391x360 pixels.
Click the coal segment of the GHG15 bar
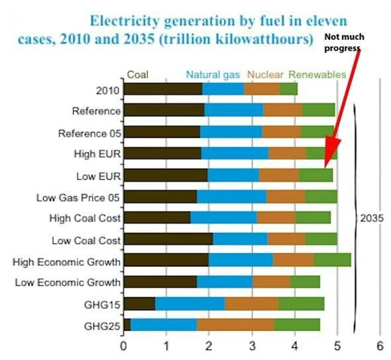(x=139, y=304)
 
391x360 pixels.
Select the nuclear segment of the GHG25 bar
(x=235, y=325)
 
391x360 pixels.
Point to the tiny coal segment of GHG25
(x=126, y=325)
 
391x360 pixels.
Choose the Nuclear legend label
(x=265, y=75)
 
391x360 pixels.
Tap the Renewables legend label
(x=317, y=75)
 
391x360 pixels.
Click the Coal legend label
(x=137, y=75)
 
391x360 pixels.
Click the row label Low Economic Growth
(x=67, y=282)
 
